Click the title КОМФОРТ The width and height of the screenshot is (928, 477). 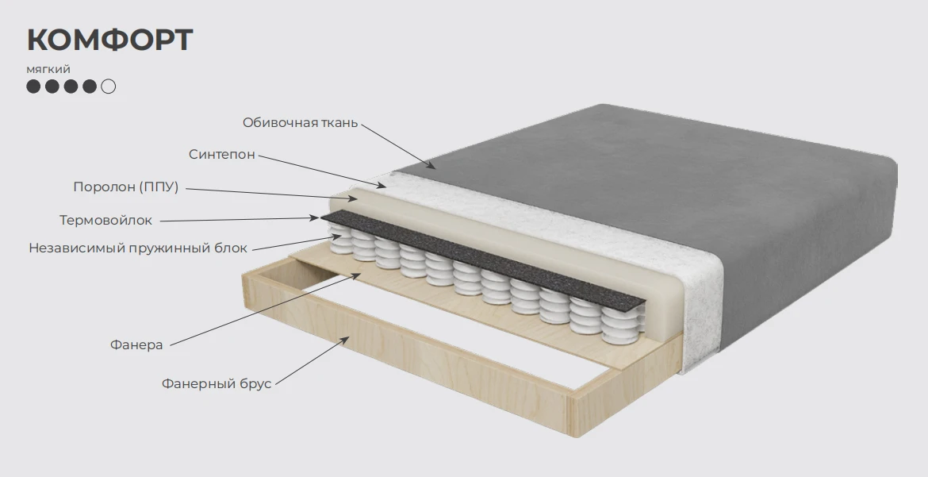109,40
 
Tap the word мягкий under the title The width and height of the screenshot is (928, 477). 48,69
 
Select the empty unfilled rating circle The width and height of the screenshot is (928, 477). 109,87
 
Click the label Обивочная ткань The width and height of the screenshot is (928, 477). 300,123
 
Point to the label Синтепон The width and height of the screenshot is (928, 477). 222,155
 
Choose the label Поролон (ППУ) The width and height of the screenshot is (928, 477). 126,187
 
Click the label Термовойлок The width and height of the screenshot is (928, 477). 106,221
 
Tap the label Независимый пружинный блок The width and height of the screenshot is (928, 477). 138,248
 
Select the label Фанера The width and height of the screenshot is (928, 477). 136,345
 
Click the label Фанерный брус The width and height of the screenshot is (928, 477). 217,384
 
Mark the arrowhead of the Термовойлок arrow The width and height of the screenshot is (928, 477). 316,218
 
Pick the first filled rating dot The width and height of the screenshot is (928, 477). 34,87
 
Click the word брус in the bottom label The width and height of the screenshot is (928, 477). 255,384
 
